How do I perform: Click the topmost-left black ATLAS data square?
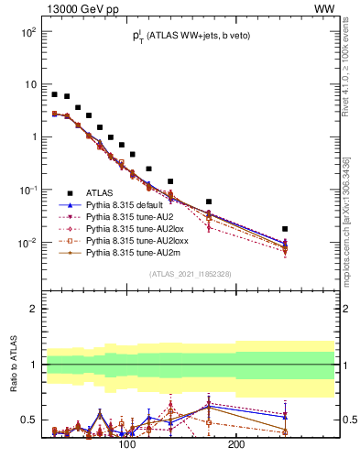point(55,94)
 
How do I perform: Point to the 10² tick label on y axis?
point(27,32)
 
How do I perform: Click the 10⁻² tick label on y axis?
point(27,243)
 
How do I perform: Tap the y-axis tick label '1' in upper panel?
point(33,137)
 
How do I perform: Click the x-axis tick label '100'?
point(127,444)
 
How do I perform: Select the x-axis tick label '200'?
point(235,444)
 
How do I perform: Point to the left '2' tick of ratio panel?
point(33,309)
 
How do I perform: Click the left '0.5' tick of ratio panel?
point(29,420)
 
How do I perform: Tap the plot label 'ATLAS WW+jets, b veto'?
point(189,36)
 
